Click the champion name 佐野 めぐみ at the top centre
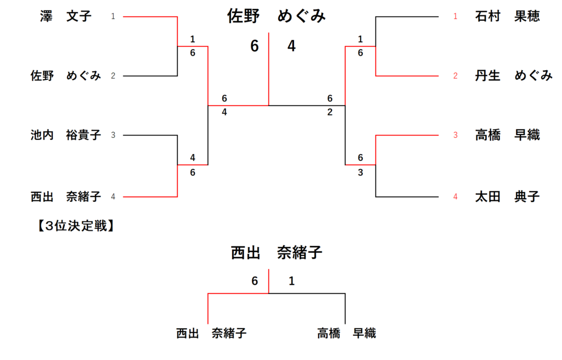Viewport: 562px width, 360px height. (277, 16)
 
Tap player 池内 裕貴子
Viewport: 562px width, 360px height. (66, 135)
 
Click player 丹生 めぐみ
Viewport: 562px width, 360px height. (513, 76)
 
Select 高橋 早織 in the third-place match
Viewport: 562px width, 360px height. (346, 333)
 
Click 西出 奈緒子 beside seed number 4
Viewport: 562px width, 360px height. (66, 196)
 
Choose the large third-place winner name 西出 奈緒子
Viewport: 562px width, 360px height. (276, 253)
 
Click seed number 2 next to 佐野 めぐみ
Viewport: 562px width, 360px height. (113, 76)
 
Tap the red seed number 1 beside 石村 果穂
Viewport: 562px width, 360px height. (455, 16)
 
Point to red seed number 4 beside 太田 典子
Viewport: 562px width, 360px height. (455, 196)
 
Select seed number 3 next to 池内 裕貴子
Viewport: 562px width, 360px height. (113, 135)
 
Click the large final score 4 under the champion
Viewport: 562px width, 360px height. (291, 47)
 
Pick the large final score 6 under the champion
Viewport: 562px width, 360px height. (254, 47)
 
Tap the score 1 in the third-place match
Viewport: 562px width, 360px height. (291, 282)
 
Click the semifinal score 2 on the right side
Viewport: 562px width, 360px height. (330, 113)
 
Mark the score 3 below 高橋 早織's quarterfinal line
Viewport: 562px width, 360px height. (360, 172)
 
